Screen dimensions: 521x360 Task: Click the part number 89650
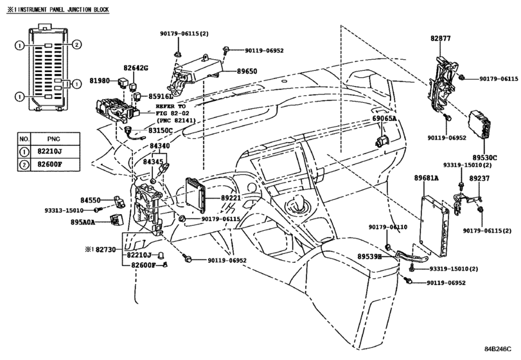[x=247, y=71]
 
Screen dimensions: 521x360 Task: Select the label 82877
[x=441, y=39]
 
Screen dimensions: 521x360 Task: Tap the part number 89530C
[x=485, y=157]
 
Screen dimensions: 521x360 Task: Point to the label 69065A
[x=384, y=119]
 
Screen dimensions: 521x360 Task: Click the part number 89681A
[x=427, y=178]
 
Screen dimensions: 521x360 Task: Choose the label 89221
[x=231, y=198]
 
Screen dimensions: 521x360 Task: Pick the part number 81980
[x=100, y=80]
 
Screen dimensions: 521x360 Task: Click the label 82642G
[x=136, y=68]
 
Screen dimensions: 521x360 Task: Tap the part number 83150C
[x=161, y=130]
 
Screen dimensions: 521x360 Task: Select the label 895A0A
[x=83, y=222]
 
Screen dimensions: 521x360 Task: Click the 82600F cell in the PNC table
[x=55, y=165]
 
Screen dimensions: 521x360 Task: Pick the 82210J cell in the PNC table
[x=55, y=152]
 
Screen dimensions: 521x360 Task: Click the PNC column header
[x=54, y=139]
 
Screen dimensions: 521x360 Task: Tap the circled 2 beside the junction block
[x=76, y=44]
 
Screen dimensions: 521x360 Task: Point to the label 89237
[x=479, y=179]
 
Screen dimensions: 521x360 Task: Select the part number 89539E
[x=369, y=256]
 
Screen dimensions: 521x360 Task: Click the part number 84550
[x=91, y=200]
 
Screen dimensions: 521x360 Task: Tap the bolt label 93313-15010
[x=64, y=210]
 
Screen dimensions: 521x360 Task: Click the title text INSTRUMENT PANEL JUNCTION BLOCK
[x=63, y=10]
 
